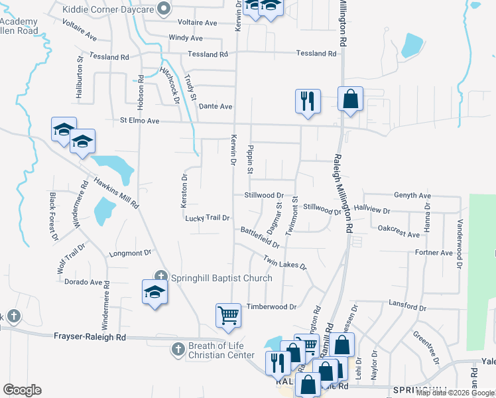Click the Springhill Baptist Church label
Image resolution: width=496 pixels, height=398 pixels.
(221, 278)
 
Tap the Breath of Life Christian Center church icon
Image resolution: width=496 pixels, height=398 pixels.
(177, 348)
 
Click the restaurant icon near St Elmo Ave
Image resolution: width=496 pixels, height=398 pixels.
(308, 101)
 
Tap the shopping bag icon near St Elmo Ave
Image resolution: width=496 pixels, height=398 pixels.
(350, 99)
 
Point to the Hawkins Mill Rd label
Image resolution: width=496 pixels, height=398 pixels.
(116, 192)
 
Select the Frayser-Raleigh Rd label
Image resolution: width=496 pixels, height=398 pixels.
(90, 337)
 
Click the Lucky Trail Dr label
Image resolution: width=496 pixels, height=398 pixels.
(208, 218)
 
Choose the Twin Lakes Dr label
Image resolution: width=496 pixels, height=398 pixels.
(284, 263)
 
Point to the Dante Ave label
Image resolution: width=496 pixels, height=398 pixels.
(216, 106)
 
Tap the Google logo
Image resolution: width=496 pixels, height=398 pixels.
(22, 390)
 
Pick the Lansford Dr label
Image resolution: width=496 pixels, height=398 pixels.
(407, 306)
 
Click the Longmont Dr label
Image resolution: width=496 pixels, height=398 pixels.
(130, 253)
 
